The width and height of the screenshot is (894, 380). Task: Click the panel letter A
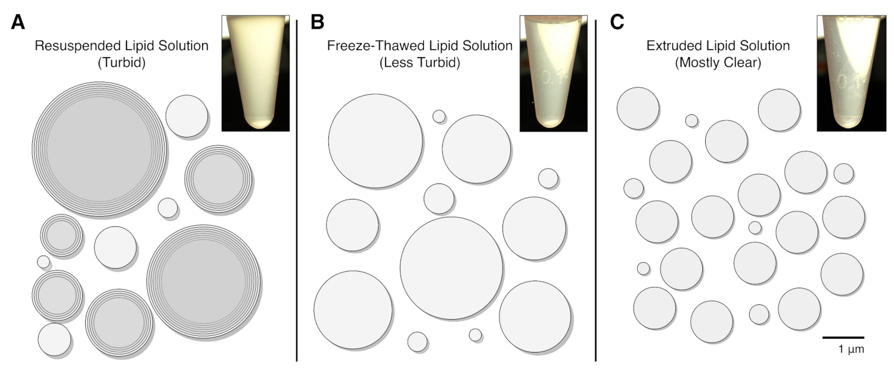pos(18,23)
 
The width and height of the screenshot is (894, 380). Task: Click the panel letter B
pos(318,23)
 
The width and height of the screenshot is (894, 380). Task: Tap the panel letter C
pos(617,23)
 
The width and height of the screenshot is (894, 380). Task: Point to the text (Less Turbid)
pos(420,63)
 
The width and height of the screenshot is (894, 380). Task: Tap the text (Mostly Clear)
pos(718,63)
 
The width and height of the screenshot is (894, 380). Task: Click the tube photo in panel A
pos(255,73)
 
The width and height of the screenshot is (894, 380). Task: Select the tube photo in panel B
pos(553,73)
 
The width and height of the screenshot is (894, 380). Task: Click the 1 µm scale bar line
pos(843,337)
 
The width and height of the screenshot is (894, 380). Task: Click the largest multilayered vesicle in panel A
pos(99,149)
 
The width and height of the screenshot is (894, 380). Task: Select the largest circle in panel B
pos(452,269)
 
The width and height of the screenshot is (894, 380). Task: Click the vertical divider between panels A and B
pos(297,191)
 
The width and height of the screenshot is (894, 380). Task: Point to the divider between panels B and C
pos(596,191)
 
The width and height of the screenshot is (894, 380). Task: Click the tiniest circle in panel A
pos(44,261)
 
